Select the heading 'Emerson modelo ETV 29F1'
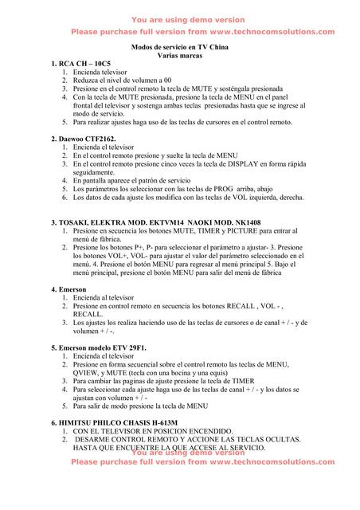tap(104, 348)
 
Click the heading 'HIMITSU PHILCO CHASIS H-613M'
tap(119, 422)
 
